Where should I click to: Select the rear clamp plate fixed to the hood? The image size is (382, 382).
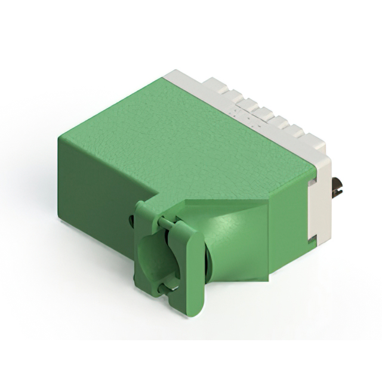143,251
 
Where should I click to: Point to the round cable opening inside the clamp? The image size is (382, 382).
154,257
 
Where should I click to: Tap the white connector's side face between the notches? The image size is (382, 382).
319,209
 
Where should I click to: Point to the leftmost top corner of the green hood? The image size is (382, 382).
58,138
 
